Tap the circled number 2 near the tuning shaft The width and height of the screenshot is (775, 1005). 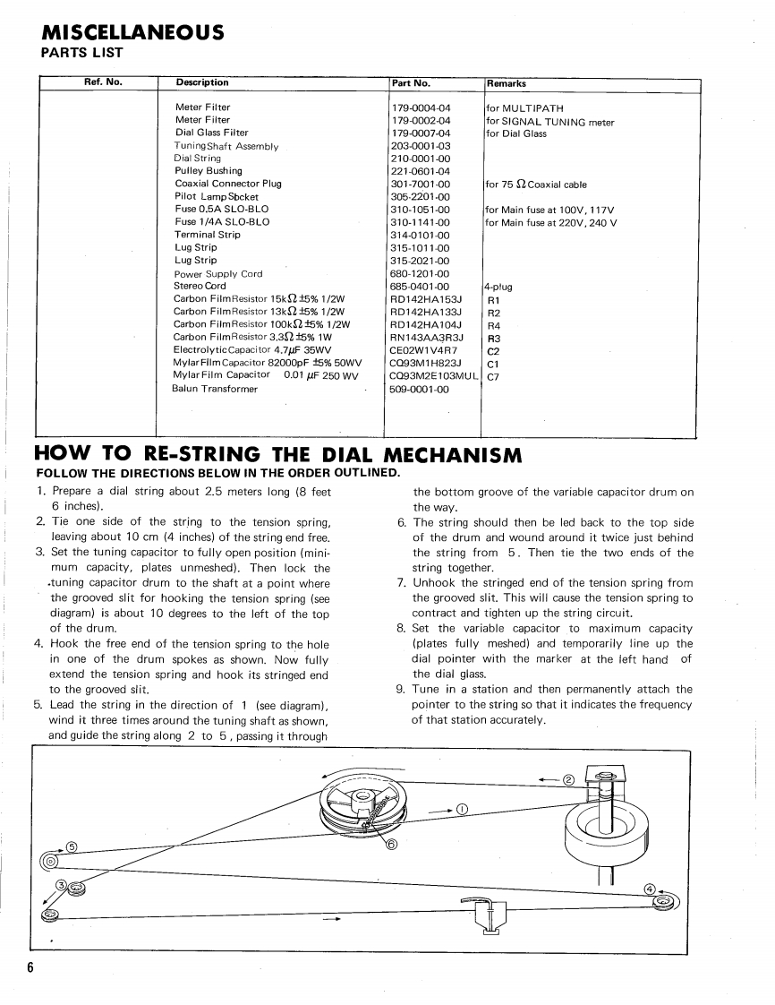tap(567, 778)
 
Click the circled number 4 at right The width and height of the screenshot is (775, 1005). tap(650, 889)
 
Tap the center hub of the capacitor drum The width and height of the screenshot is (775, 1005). tap(362, 795)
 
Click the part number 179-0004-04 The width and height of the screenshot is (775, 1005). tap(421, 107)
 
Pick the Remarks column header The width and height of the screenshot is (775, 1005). tap(507, 83)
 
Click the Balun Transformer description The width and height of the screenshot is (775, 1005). tap(215, 389)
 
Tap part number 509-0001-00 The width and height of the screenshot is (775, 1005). tap(421, 389)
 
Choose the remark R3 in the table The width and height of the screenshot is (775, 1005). tap(493, 338)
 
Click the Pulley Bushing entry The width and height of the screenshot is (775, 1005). tap(209, 171)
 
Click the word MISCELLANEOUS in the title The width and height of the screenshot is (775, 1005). tap(133, 33)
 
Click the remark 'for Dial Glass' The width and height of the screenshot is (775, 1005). tap(515, 133)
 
